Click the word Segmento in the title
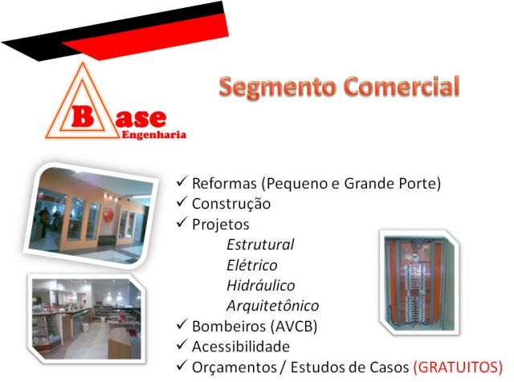point(278,87)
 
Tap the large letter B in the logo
point(82,116)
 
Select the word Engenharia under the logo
point(153,135)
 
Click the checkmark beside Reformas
point(182,181)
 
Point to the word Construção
point(231,204)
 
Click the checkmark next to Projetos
point(182,222)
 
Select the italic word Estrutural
point(260,245)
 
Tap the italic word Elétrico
point(251,265)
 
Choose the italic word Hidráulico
point(260,286)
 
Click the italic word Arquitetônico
point(272,307)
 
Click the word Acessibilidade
point(241,347)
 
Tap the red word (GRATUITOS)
point(458,368)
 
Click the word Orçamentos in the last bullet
point(235,368)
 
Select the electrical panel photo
point(419,282)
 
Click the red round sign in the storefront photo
point(108,214)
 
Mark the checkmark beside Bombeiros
point(182,324)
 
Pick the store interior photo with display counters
point(87,319)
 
